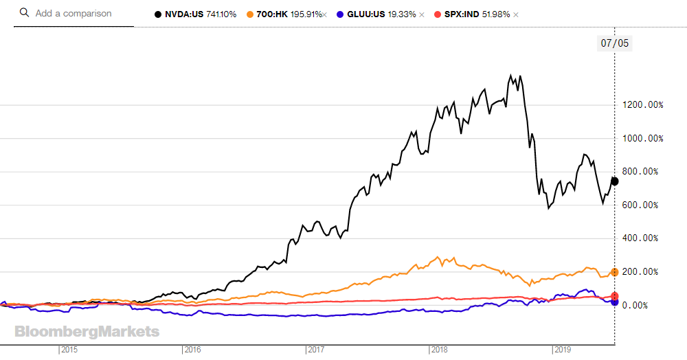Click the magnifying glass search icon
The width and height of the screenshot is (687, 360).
pos(24,13)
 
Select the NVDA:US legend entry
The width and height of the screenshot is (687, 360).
pos(196,14)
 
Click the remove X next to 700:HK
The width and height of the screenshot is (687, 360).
pos(324,14)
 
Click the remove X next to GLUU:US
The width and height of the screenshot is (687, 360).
pos(422,14)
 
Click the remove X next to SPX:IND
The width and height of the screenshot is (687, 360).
pos(516,14)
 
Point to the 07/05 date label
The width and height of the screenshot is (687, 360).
pos(615,43)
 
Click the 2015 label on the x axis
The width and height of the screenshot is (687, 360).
pos(69,350)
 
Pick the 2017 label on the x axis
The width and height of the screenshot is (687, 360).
pos(316,350)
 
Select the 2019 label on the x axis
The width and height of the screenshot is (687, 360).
pos(563,350)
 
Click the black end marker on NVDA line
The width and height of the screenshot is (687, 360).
pos(615,181)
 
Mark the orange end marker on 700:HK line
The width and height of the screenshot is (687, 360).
pos(615,273)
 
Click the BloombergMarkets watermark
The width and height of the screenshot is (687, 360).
pos(87,332)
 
